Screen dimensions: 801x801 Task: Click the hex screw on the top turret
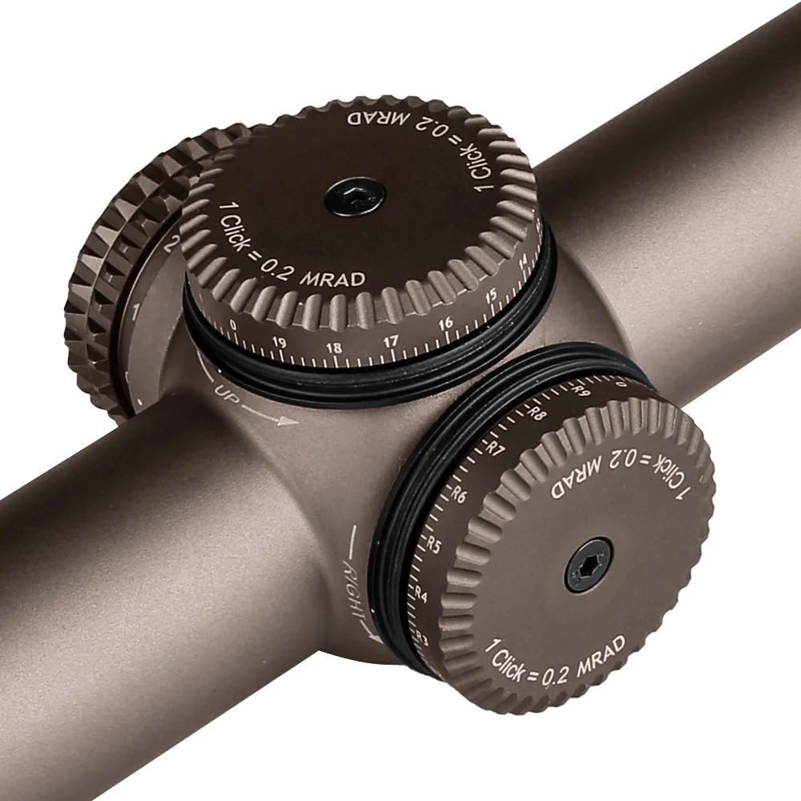[356, 195]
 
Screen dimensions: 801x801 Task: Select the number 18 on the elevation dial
[334, 348]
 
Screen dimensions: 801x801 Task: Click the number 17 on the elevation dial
[390, 342]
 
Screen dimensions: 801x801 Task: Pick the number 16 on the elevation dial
[445, 324]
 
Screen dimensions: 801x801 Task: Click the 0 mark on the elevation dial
[232, 325]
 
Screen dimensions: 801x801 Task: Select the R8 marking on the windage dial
[538, 414]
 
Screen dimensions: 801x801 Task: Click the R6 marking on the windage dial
[460, 494]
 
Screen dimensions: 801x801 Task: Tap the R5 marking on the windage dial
[434, 545]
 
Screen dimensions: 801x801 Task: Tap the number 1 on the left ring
[138, 310]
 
